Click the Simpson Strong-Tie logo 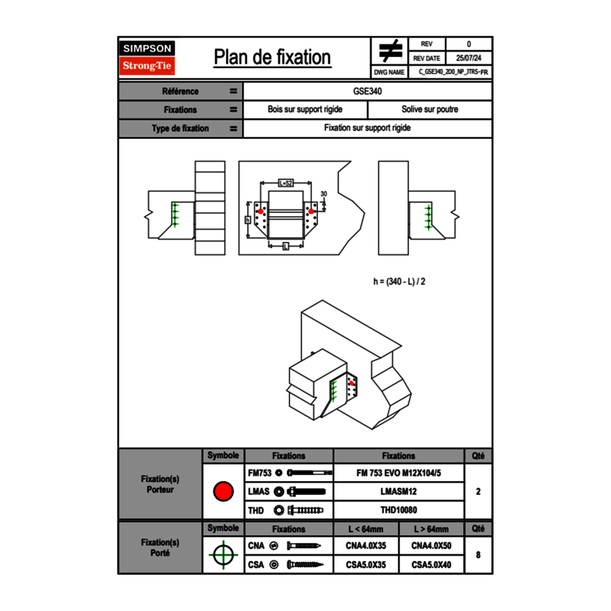[147, 58]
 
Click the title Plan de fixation [272, 58]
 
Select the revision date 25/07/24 [469, 58]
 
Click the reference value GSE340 [367, 91]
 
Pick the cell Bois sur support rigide [305, 110]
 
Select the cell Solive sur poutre [430, 110]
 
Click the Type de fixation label [180, 128]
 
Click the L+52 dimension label [285, 183]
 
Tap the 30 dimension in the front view [324, 194]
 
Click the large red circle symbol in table [223, 492]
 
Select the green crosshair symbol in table [223, 555]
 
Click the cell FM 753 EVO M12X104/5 [399, 473]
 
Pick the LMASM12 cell [399, 492]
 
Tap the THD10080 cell [399, 510]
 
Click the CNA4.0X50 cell [431, 546]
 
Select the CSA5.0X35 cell [366, 565]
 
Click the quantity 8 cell [478, 555]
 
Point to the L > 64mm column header [431, 529]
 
